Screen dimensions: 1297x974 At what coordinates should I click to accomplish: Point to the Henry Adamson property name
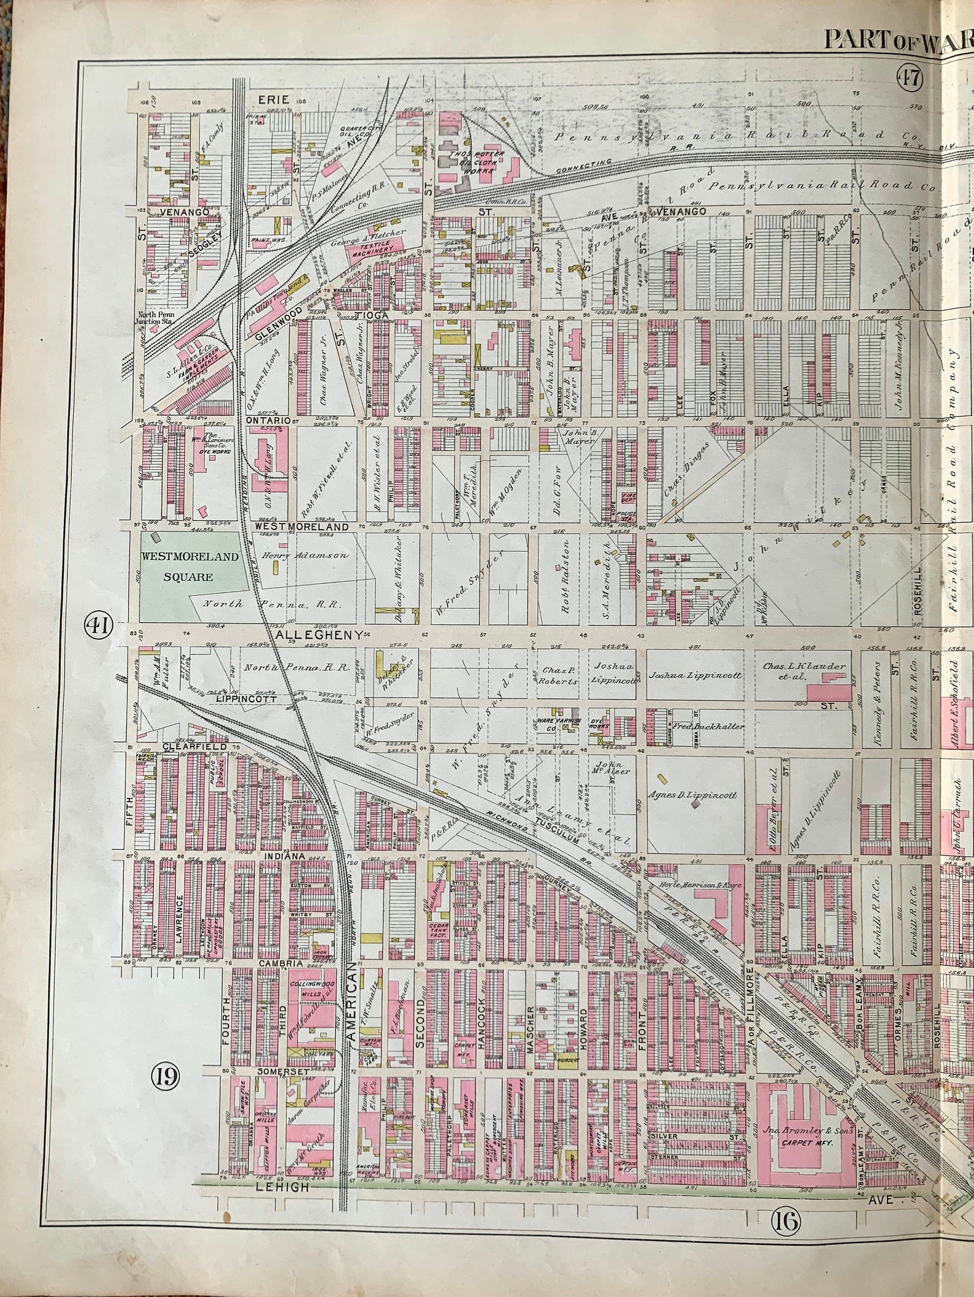pyautogui.click(x=305, y=555)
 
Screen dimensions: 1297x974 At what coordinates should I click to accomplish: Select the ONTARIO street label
pyautogui.click(x=267, y=421)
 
